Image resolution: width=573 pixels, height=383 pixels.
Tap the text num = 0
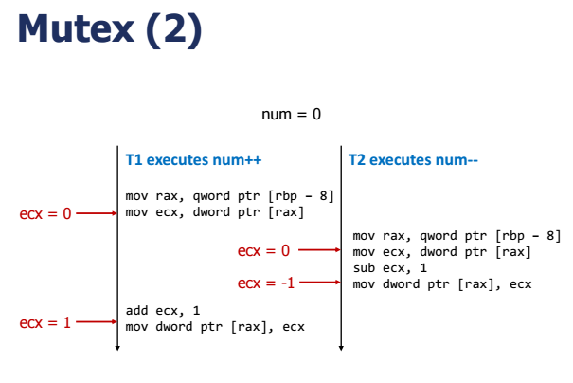click(x=291, y=114)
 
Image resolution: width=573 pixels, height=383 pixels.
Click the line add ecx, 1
click(x=163, y=310)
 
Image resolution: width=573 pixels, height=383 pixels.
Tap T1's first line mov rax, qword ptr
click(x=229, y=196)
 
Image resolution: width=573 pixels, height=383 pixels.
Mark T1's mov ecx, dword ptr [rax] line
click(x=215, y=212)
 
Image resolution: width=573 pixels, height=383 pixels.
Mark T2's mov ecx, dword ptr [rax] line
click(x=442, y=251)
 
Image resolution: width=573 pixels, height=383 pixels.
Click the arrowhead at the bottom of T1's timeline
click(x=117, y=348)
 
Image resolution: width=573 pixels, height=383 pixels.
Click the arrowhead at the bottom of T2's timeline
click(x=342, y=348)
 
